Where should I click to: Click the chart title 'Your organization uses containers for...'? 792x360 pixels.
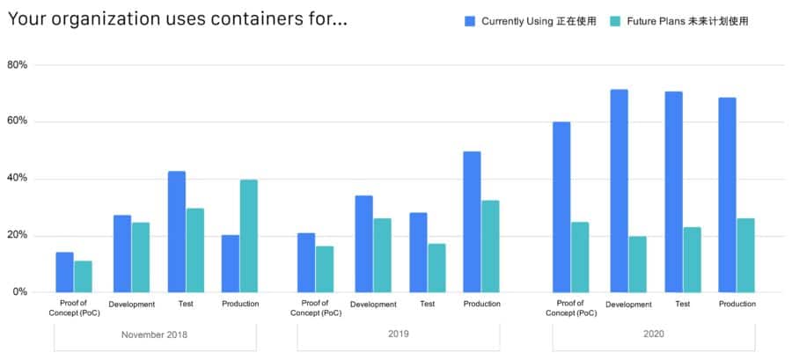click(x=177, y=19)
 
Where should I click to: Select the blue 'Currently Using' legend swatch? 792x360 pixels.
click(x=470, y=21)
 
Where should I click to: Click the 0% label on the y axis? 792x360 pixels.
click(x=20, y=292)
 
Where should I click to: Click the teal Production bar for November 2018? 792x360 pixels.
click(x=249, y=236)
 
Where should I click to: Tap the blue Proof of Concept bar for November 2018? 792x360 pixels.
click(x=65, y=272)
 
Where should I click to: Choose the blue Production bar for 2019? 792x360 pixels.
click(x=472, y=222)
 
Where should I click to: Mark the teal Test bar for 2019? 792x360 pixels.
click(x=436, y=268)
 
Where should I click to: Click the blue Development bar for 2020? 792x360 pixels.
click(x=620, y=191)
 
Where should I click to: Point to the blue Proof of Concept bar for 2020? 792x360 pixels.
click(x=561, y=207)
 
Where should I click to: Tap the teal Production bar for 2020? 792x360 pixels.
click(x=746, y=255)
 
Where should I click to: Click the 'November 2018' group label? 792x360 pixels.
click(x=154, y=334)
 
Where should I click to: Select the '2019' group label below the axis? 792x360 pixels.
click(x=398, y=334)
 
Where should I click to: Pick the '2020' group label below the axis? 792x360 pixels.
click(x=654, y=334)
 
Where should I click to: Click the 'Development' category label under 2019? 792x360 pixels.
click(x=373, y=305)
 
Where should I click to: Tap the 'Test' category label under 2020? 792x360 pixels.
click(x=682, y=304)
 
